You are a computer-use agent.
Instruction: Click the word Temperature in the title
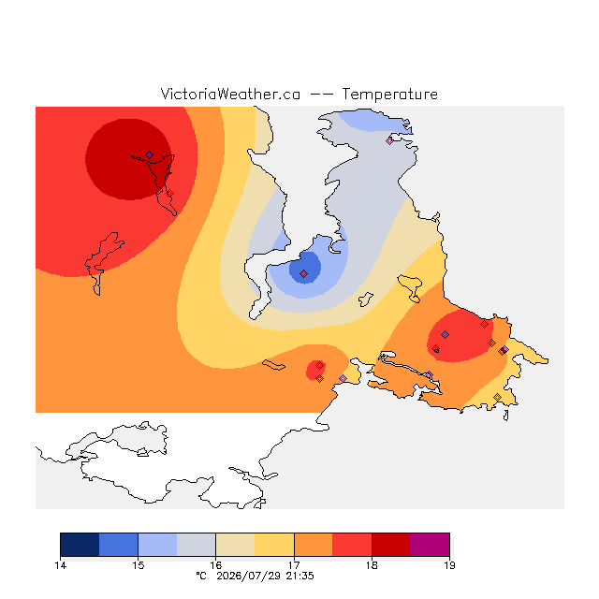389,94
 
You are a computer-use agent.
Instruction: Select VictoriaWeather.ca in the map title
230,94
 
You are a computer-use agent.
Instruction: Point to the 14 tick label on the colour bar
60,565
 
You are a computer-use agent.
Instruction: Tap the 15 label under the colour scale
139,565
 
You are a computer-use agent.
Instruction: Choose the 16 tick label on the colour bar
216,565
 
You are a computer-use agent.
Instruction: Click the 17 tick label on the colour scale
294,565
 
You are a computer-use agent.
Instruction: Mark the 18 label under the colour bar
372,565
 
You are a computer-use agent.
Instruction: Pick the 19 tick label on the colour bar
449,565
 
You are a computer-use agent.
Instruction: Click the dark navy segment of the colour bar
80,545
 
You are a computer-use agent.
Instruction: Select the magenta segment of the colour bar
430,545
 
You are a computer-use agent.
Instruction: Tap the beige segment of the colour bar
235,545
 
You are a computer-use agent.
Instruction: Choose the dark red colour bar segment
391,545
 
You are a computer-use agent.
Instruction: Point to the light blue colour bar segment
158,545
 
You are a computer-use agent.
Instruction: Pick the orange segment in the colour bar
314,545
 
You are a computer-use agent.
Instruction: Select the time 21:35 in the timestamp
299,576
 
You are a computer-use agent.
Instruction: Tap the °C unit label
201,576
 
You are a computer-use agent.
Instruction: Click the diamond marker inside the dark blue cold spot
303,273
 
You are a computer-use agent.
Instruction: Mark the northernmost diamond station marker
389,141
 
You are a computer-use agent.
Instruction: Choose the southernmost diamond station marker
497,397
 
